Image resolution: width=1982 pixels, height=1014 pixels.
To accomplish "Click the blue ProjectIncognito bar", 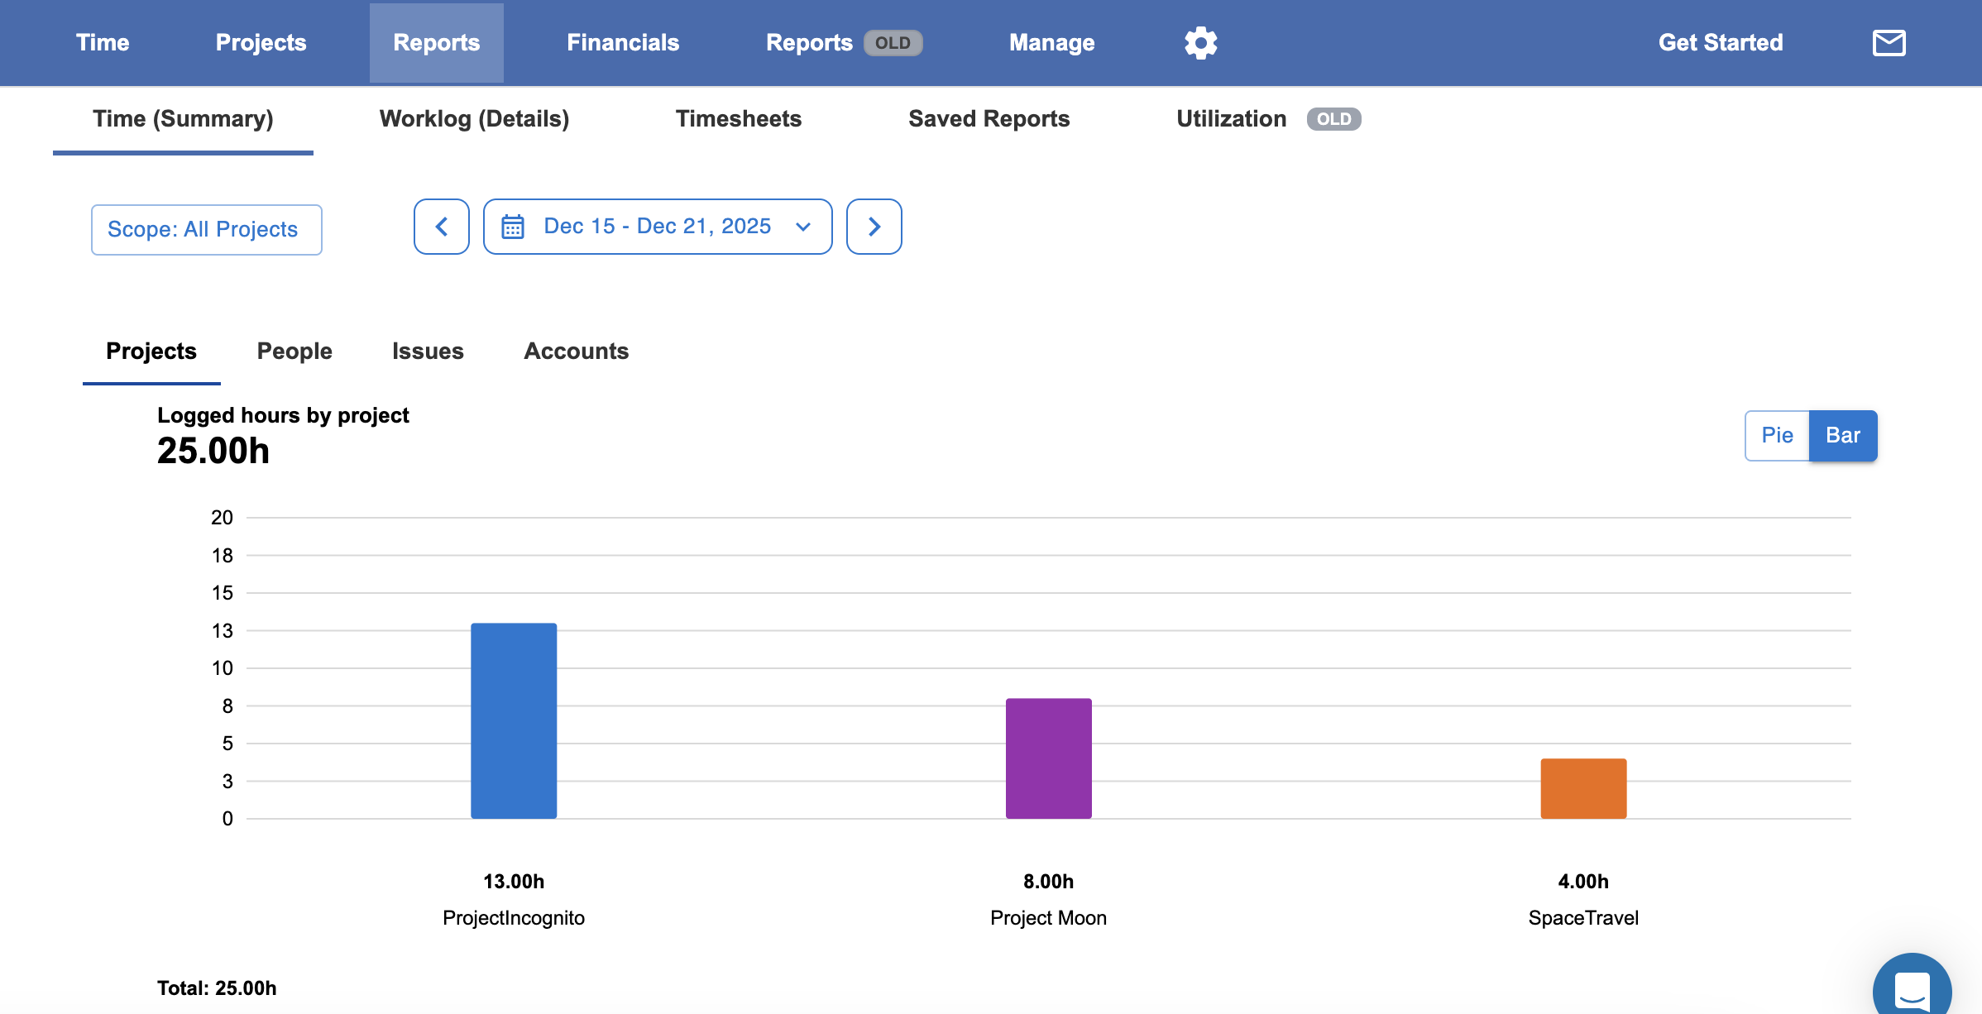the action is point(514,720).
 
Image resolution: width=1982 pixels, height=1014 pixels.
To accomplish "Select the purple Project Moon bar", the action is point(1048,758).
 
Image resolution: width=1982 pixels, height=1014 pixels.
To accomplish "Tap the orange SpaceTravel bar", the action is point(1583,788).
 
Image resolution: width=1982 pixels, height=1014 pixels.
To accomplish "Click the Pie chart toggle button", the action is point(1777,435).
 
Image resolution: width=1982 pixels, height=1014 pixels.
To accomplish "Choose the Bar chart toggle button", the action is point(1843,435).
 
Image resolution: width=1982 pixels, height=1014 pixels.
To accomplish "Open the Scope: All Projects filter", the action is point(206,229).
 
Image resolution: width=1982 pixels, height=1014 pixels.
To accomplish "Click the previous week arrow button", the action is point(442,226).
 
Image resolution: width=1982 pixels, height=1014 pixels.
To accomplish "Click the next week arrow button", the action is point(874,226).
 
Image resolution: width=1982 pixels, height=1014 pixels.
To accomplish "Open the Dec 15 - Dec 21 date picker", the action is point(658,226).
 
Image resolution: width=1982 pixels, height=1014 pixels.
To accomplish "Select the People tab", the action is point(294,351).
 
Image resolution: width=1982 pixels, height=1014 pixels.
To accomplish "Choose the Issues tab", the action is point(428,351).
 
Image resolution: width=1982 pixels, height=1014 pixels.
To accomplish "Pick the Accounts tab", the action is point(577,351).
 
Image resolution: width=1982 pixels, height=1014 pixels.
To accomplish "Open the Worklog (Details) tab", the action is point(474,118).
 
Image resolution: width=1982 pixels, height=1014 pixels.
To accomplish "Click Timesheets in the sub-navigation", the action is point(739,118).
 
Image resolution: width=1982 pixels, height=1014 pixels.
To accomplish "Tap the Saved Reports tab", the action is point(989,118).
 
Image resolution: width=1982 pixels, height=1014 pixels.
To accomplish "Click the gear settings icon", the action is point(1200,42).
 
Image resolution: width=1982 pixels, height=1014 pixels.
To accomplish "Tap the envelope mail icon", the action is point(1889,42).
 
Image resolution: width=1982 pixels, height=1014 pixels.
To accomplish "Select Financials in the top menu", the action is point(623,42).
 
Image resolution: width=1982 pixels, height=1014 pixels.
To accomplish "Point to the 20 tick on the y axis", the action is point(222,518).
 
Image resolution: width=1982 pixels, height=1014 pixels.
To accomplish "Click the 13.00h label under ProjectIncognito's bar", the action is point(514,882).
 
